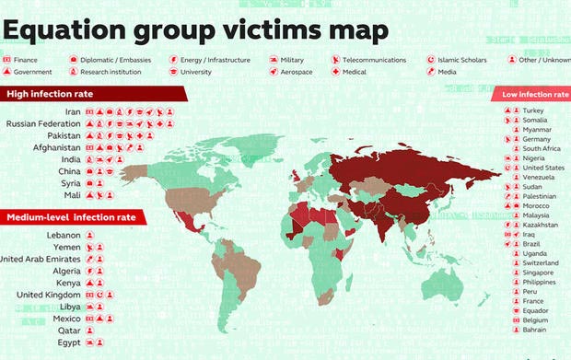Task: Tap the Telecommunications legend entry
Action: point(374,60)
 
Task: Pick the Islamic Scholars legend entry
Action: point(460,60)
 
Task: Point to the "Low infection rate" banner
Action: point(534,94)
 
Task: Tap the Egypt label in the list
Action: point(69,342)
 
